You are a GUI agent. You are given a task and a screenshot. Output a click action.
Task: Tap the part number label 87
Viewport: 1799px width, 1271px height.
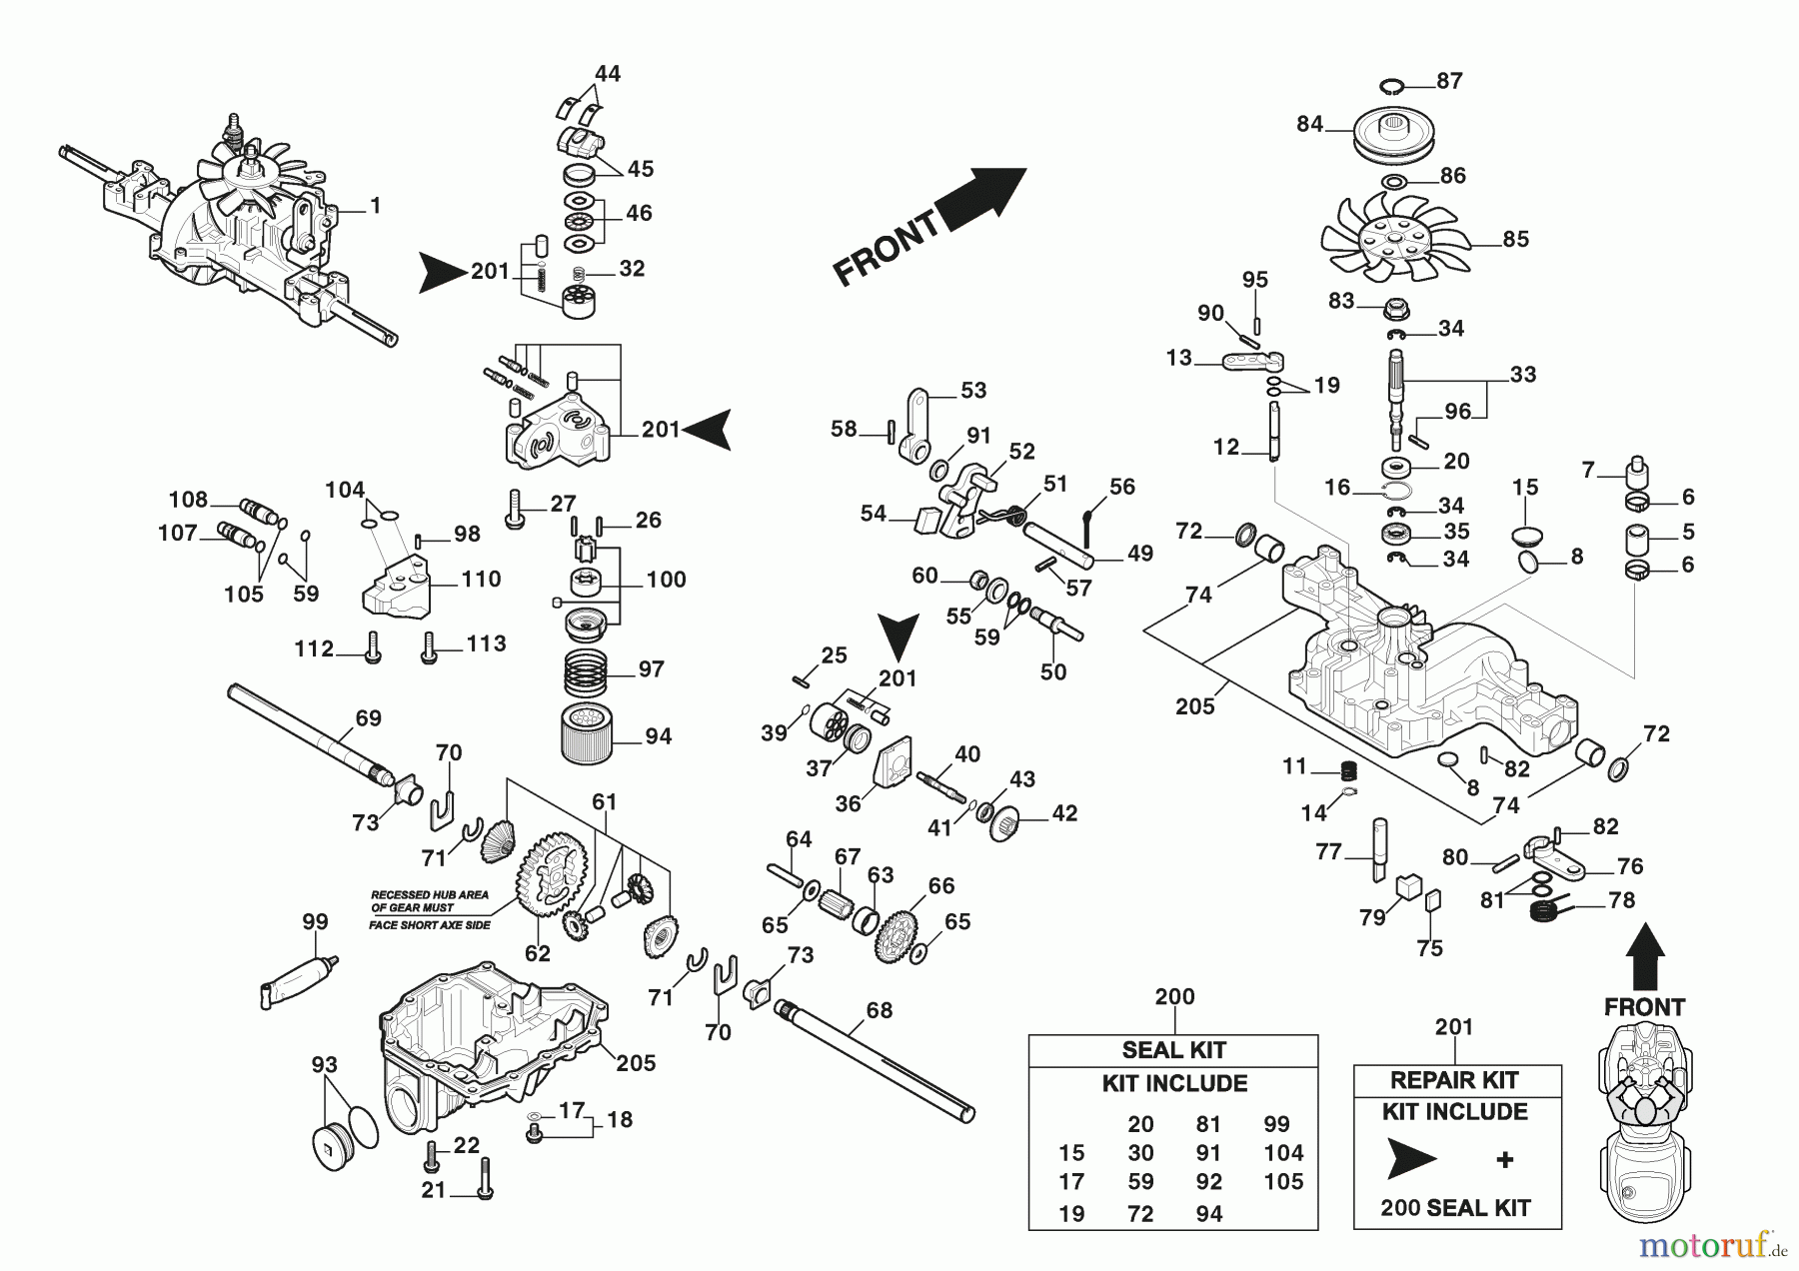(x=1449, y=81)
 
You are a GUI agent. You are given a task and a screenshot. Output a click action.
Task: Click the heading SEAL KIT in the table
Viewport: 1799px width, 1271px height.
(x=1173, y=1050)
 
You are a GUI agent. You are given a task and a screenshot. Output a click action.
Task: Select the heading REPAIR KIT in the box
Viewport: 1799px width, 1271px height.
(x=1454, y=1080)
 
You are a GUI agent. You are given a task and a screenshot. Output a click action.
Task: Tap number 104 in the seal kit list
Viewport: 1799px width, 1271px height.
(x=1283, y=1153)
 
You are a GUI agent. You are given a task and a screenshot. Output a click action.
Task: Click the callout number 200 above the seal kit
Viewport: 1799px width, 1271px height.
(x=1174, y=996)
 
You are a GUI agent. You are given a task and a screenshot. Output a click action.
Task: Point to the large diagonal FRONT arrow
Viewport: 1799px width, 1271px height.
(x=929, y=227)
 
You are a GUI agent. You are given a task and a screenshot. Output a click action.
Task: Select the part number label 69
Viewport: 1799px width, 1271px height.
(x=369, y=717)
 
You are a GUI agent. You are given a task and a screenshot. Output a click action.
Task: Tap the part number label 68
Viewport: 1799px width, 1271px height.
(x=879, y=1010)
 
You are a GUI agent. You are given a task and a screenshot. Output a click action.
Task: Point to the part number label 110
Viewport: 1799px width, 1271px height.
(x=481, y=580)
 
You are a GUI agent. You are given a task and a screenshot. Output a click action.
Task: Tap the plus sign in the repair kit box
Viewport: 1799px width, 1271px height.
(x=1504, y=1159)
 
